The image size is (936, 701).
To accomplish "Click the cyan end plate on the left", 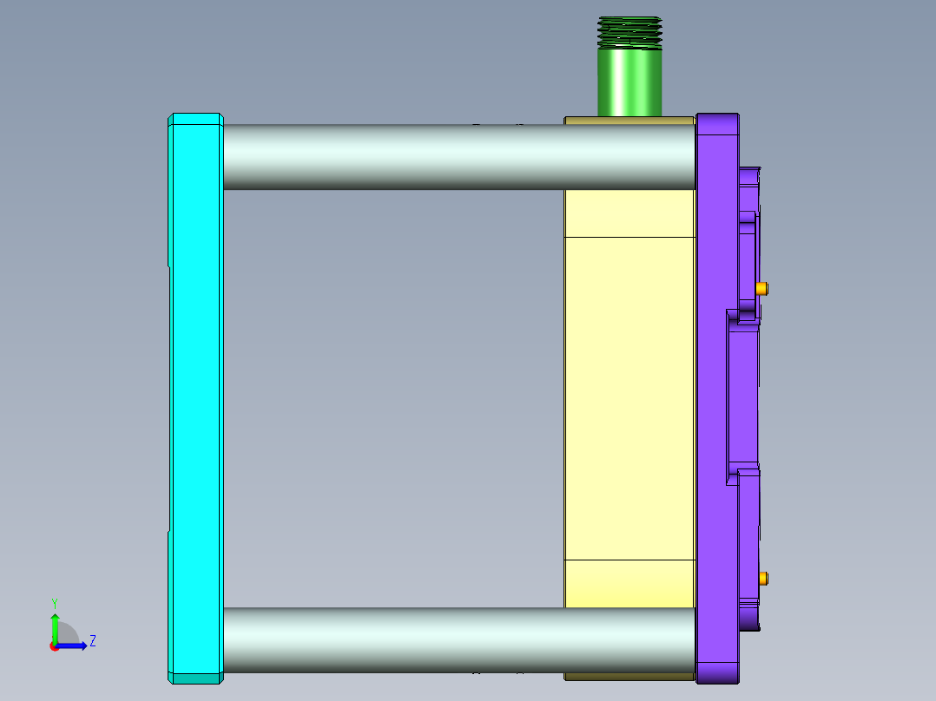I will tap(195, 399).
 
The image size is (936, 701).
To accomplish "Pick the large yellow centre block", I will tap(629, 399).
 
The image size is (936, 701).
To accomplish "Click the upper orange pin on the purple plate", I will tap(761, 288).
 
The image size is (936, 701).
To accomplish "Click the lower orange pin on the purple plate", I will tap(761, 578).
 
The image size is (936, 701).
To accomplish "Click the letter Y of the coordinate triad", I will tap(54, 602).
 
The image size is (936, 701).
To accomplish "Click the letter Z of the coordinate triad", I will tap(92, 641).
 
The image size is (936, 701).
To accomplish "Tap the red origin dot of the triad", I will tap(54, 646).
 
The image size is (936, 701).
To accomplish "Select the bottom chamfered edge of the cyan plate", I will tap(195, 678).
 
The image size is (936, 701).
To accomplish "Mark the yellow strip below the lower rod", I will tap(629, 676).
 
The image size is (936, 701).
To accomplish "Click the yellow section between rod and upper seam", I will tap(629, 213).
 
